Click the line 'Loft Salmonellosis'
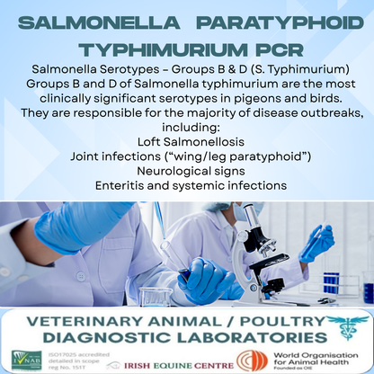coord(186,142)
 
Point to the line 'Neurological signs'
coord(186,171)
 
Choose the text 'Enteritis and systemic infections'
coord(186,185)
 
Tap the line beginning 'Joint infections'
coord(186,156)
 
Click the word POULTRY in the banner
coord(270,320)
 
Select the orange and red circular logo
coord(252,361)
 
